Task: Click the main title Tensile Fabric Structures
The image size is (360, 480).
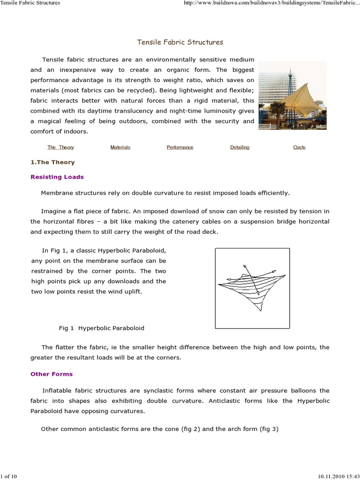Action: tap(180, 42)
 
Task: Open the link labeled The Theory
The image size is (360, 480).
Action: tap(60, 147)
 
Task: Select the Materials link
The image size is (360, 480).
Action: tap(120, 147)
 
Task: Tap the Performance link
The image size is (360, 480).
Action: tap(180, 147)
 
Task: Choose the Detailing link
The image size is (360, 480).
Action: tap(240, 147)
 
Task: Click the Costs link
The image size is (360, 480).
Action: tap(299, 147)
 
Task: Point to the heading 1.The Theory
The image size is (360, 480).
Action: tap(52, 162)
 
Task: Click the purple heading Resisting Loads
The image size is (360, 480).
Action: tap(57, 177)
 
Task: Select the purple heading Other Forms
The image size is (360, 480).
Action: tap(52, 374)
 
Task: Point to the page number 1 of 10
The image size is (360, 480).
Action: tap(9, 476)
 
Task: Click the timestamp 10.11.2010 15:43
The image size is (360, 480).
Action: tap(337, 476)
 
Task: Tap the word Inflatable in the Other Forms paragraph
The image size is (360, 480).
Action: tap(58, 390)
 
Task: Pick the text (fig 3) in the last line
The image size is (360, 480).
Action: tap(269, 428)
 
